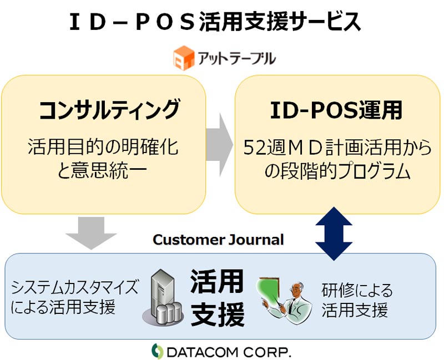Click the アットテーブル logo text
(x=236, y=57)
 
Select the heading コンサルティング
(x=109, y=109)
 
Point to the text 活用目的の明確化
(x=103, y=146)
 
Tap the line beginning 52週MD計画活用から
(x=337, y=147)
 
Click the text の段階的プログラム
(x=337, y=171)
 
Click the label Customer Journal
(x=218, y=240)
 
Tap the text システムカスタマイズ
(x=75, y=287)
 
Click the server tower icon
(x=163, y=297)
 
